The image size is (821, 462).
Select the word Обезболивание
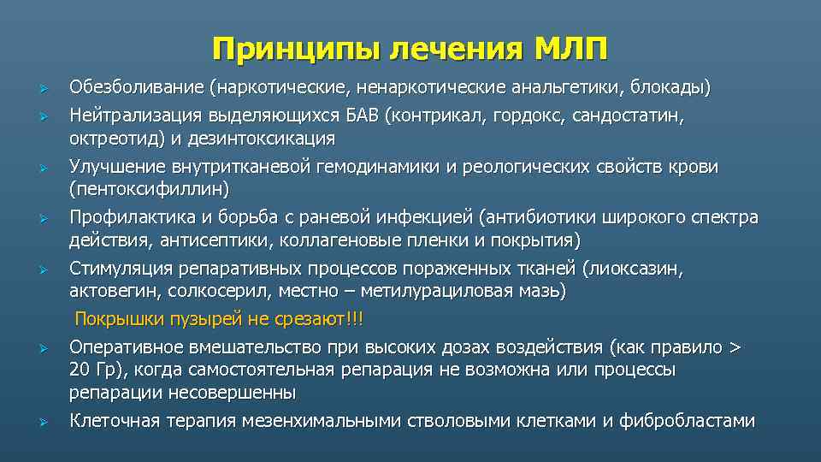(x=139, y=87)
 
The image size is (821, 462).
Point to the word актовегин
(x=109, y=291)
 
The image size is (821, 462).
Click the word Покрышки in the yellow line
(x=118, y=319)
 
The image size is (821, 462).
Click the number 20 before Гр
(x=80, y=370)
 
